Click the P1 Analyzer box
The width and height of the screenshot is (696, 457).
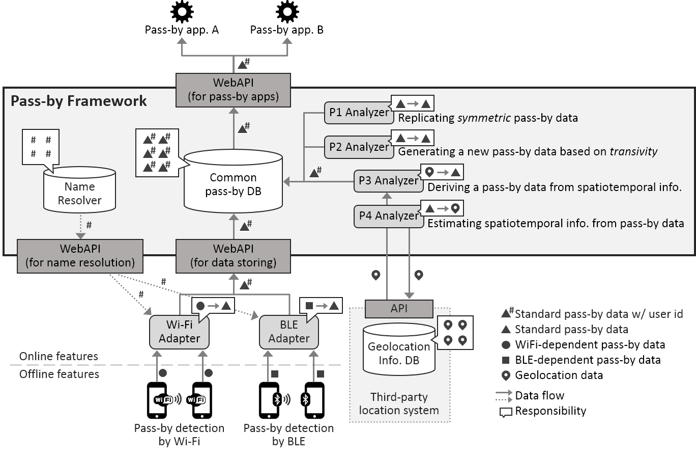point(358,113)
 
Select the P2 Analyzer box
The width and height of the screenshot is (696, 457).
point(358,147)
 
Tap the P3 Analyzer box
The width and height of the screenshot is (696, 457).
point(388,180)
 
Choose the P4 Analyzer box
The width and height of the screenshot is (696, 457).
point(388,216)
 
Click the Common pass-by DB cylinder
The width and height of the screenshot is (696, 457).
point(233,184)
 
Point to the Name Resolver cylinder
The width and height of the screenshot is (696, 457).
point(79,193)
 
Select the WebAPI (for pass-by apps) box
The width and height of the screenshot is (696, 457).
point(233,90)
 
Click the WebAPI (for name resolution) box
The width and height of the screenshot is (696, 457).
point(80,256)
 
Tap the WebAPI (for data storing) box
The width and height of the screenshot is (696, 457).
point(233,256)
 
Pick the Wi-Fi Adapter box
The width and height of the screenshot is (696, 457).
point(179,332)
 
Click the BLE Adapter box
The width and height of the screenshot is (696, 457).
point(288,332)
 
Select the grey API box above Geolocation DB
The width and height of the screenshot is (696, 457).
point(399,309)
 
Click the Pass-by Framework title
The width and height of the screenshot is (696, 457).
point(79,101)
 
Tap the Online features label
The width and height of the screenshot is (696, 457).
point(59,356)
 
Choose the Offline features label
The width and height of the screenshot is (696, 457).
point(59,374)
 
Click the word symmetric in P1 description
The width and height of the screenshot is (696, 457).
point(484,118)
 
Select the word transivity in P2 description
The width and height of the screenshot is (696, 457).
point(633,151)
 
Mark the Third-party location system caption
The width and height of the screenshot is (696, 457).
point(399,404)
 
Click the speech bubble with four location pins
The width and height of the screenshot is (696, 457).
point(455,332)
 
